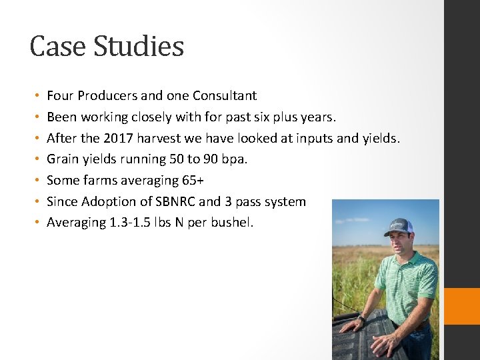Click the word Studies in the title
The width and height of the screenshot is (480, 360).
[x=138, y=46]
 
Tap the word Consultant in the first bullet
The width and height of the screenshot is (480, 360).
[x=225, y=96]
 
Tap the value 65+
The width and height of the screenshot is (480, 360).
[x=193, y=181]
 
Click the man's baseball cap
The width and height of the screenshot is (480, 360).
[x=398, y=227]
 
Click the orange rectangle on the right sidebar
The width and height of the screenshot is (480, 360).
[x=462, y=306]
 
